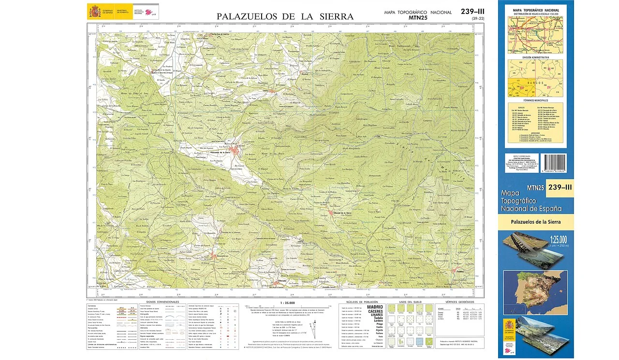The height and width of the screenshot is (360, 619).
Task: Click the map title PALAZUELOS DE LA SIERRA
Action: click(x=285, y=16)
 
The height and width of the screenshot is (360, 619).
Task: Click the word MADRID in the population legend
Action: click(x=375, y=307)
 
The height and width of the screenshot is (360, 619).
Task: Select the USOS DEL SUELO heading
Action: click(x=409, y=302)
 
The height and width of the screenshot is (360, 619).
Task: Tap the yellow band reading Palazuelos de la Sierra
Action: click(x=535, y=222)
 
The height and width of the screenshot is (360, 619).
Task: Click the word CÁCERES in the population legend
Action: click(x=375, y=312)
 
